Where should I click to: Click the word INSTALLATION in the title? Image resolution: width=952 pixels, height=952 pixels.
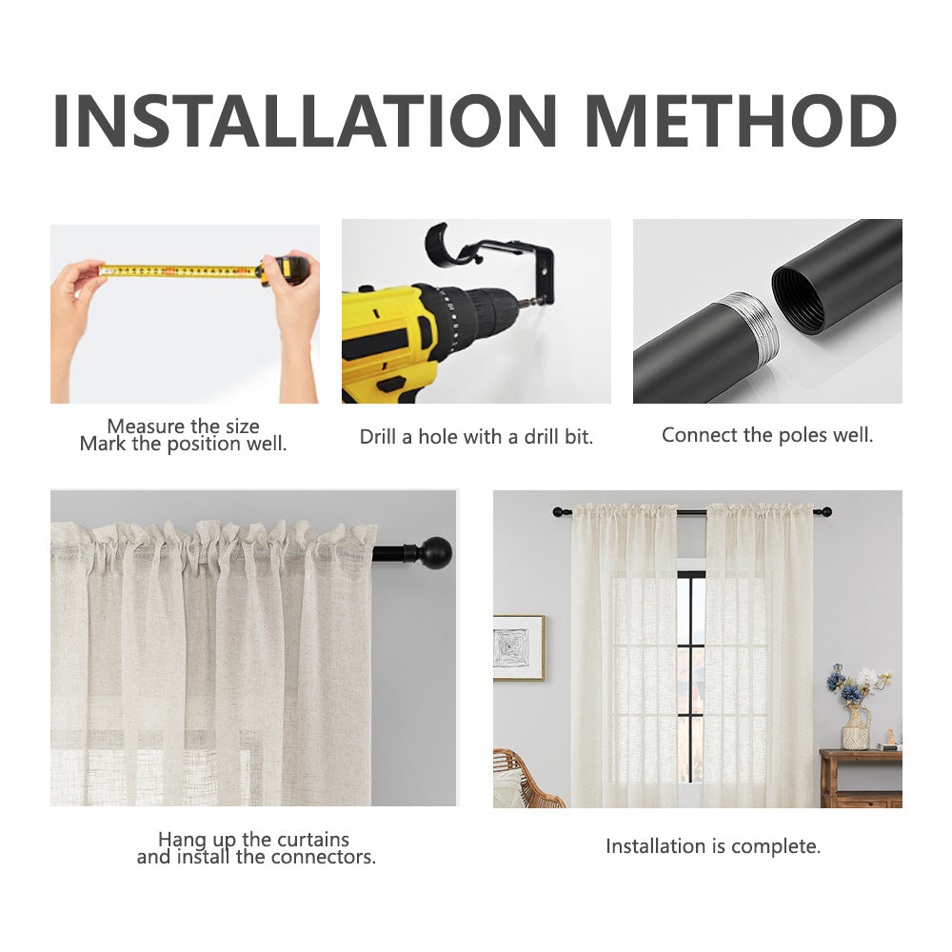305,120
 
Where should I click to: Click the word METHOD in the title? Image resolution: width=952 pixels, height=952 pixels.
741,120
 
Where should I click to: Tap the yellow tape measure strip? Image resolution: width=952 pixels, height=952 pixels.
179,270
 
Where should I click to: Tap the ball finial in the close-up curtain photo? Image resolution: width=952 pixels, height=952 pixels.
436,552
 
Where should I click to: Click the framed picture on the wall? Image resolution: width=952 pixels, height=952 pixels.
519,647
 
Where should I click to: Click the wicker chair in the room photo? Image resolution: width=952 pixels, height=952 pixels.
525,779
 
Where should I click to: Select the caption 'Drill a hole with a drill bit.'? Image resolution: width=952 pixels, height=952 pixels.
476,437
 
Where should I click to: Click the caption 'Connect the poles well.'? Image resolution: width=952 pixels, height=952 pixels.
767,435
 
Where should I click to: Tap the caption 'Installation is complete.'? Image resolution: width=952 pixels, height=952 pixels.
713,845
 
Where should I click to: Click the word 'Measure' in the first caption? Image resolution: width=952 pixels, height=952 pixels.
145,426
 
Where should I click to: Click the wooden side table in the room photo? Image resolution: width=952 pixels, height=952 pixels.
861,779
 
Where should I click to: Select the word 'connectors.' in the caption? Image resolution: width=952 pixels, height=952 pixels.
324,857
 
